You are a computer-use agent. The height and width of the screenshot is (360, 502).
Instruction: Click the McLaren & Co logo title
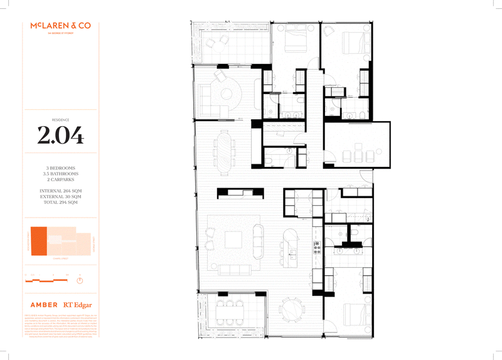pyautogui.click(x=60, y=26)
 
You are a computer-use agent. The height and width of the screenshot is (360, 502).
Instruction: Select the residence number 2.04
pyautogui.click(x=60, y=135)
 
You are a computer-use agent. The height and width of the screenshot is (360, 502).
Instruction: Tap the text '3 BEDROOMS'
pyautogui.click(x=60, y=168)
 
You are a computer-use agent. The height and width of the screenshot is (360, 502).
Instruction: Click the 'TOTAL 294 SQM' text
pyautogui.click(x=60, y=203)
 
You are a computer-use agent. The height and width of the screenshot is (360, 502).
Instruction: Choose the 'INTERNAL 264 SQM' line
pyautogui.click(x=60, y=190)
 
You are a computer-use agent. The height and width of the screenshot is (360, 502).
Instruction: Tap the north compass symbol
pyautogui.click(x=80, y=280)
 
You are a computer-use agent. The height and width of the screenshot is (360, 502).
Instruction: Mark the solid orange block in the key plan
pyautogui.click(x=39, y=241)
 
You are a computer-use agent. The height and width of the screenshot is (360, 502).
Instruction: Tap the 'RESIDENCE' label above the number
pyautogui.click(x=60, y=119)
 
